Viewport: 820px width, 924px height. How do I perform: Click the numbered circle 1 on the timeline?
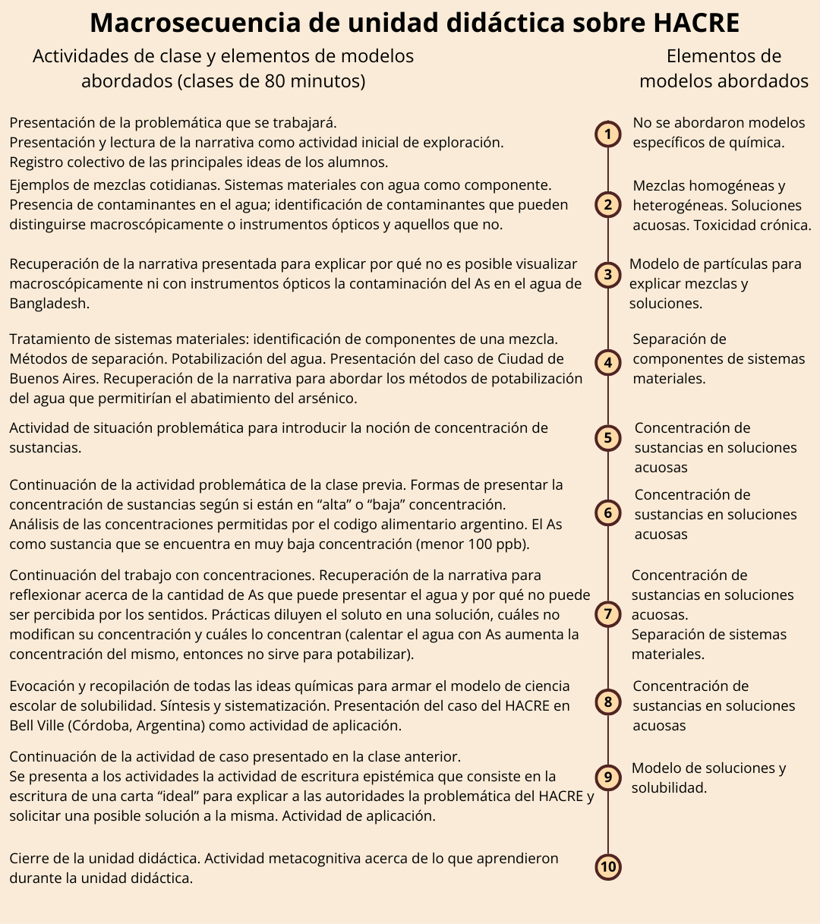point(607,134)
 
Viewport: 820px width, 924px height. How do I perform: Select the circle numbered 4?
point(607,363)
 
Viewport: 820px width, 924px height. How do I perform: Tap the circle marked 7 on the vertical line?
point(607,613)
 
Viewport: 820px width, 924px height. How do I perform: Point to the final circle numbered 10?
point(607,867)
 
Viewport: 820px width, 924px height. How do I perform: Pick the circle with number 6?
point(607,513)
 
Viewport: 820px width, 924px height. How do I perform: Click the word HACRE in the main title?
point(696,23)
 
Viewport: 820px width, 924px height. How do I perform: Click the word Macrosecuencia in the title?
point(194,23)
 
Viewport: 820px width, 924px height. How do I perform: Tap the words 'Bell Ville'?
point(36,725)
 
